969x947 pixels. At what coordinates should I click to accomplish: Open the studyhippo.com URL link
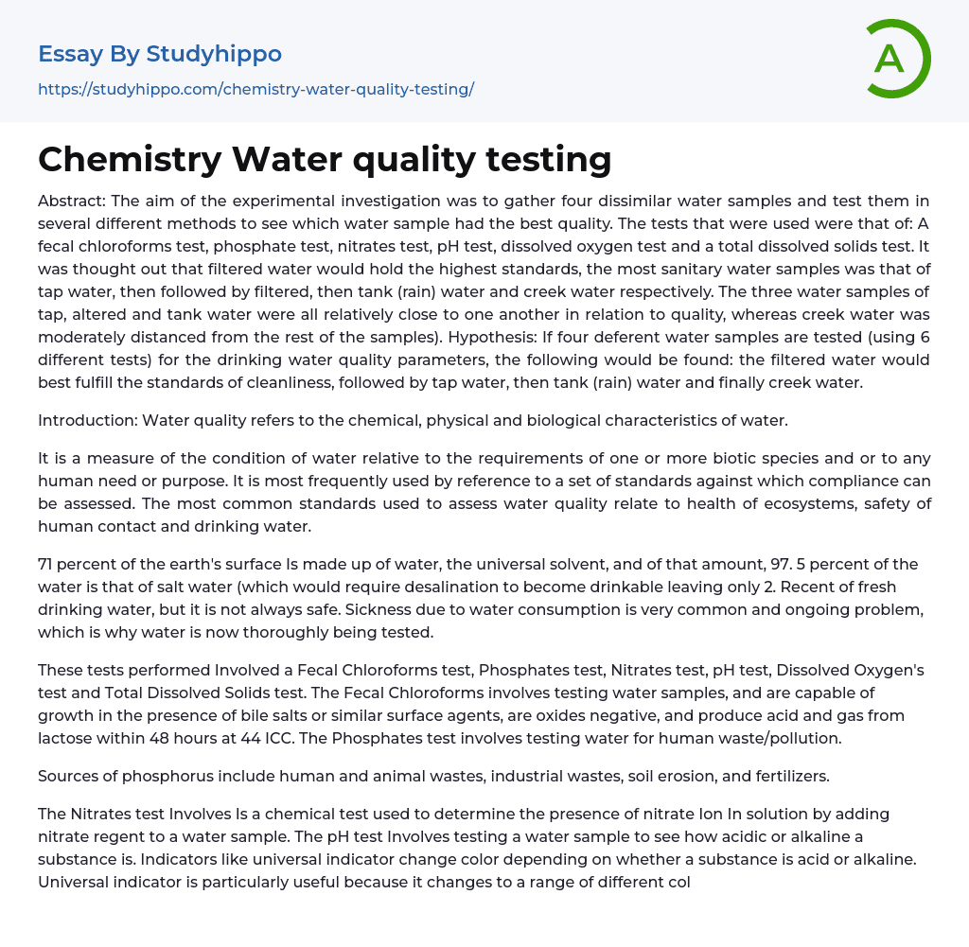coord(255,90)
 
